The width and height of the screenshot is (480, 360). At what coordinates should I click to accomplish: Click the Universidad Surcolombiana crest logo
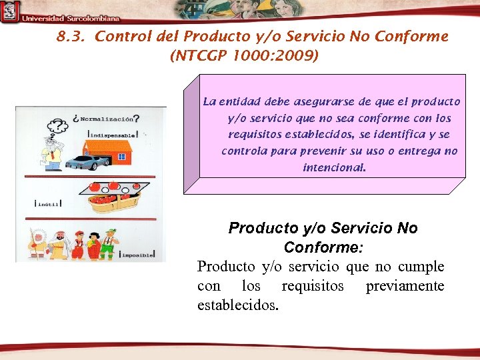9,11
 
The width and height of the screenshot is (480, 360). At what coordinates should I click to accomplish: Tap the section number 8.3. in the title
71,37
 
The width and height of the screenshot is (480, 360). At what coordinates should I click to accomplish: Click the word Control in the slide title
116,37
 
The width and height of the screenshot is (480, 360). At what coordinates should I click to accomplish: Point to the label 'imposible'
137,255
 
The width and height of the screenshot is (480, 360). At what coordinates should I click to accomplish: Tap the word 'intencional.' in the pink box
334,167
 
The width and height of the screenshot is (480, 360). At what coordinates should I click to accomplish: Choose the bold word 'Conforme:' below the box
323,247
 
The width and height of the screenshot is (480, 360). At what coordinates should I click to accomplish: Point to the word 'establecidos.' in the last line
238,305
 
